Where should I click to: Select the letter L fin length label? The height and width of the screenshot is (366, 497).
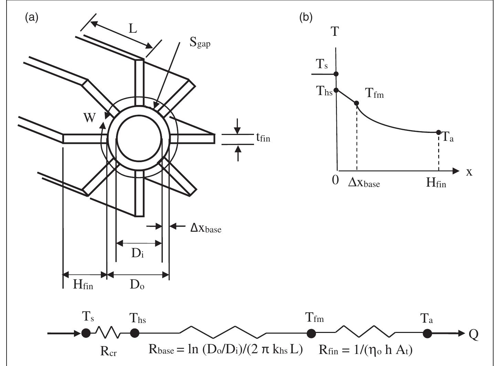coord(133,29)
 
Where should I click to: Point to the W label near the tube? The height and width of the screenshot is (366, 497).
coord(90,118)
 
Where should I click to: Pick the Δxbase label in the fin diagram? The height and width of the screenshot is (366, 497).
coord(206,228)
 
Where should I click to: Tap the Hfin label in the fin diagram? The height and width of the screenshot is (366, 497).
coord(83,284)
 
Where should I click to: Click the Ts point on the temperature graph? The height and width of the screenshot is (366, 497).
coord(336,74)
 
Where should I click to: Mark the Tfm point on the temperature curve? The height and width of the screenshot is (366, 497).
coord(357,103)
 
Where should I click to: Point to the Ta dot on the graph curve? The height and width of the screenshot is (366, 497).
coord(438,132)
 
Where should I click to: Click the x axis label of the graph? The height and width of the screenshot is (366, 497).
coord(469,172)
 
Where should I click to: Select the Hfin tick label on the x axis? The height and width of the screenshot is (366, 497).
coord(436,182)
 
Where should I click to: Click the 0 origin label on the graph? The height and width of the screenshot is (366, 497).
coord(335,180)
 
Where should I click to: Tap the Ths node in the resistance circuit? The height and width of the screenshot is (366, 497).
coord(135,333)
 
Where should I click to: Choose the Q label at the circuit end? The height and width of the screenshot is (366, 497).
coord(474,334)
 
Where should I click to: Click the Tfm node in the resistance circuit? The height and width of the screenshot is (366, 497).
coord(311,333)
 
